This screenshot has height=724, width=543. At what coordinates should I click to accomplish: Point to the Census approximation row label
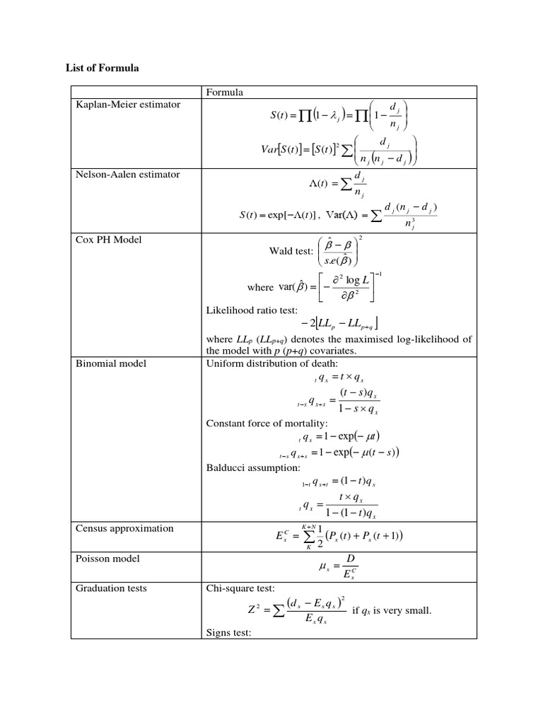[x=124, y=528]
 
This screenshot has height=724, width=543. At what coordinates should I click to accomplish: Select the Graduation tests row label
[x=110, y=588]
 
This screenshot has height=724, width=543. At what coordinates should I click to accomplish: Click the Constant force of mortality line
[x=267, y=424]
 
